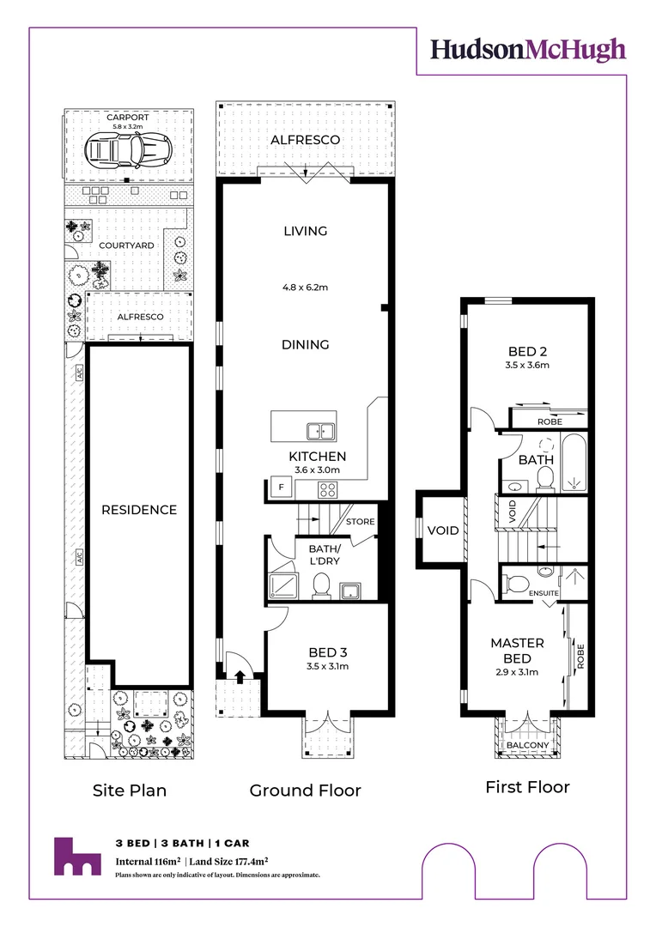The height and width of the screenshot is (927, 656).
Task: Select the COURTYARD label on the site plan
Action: [x=126, y=245]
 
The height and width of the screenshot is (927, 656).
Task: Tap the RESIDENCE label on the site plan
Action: [x=139, y=510]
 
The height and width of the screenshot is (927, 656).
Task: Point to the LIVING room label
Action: [x=306, y=231]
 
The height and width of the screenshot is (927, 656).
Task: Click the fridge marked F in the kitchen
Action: [x=278, y=488]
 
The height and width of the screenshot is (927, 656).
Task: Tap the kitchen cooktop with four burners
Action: [x=329, y=489]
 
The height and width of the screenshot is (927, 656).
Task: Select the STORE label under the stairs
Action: [x=359, y=522]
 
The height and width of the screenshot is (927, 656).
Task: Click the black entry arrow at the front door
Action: [x=240, y=676]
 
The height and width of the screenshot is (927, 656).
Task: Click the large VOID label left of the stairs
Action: [x=443, y=530]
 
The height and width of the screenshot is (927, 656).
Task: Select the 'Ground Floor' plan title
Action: [x=305, y=791]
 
